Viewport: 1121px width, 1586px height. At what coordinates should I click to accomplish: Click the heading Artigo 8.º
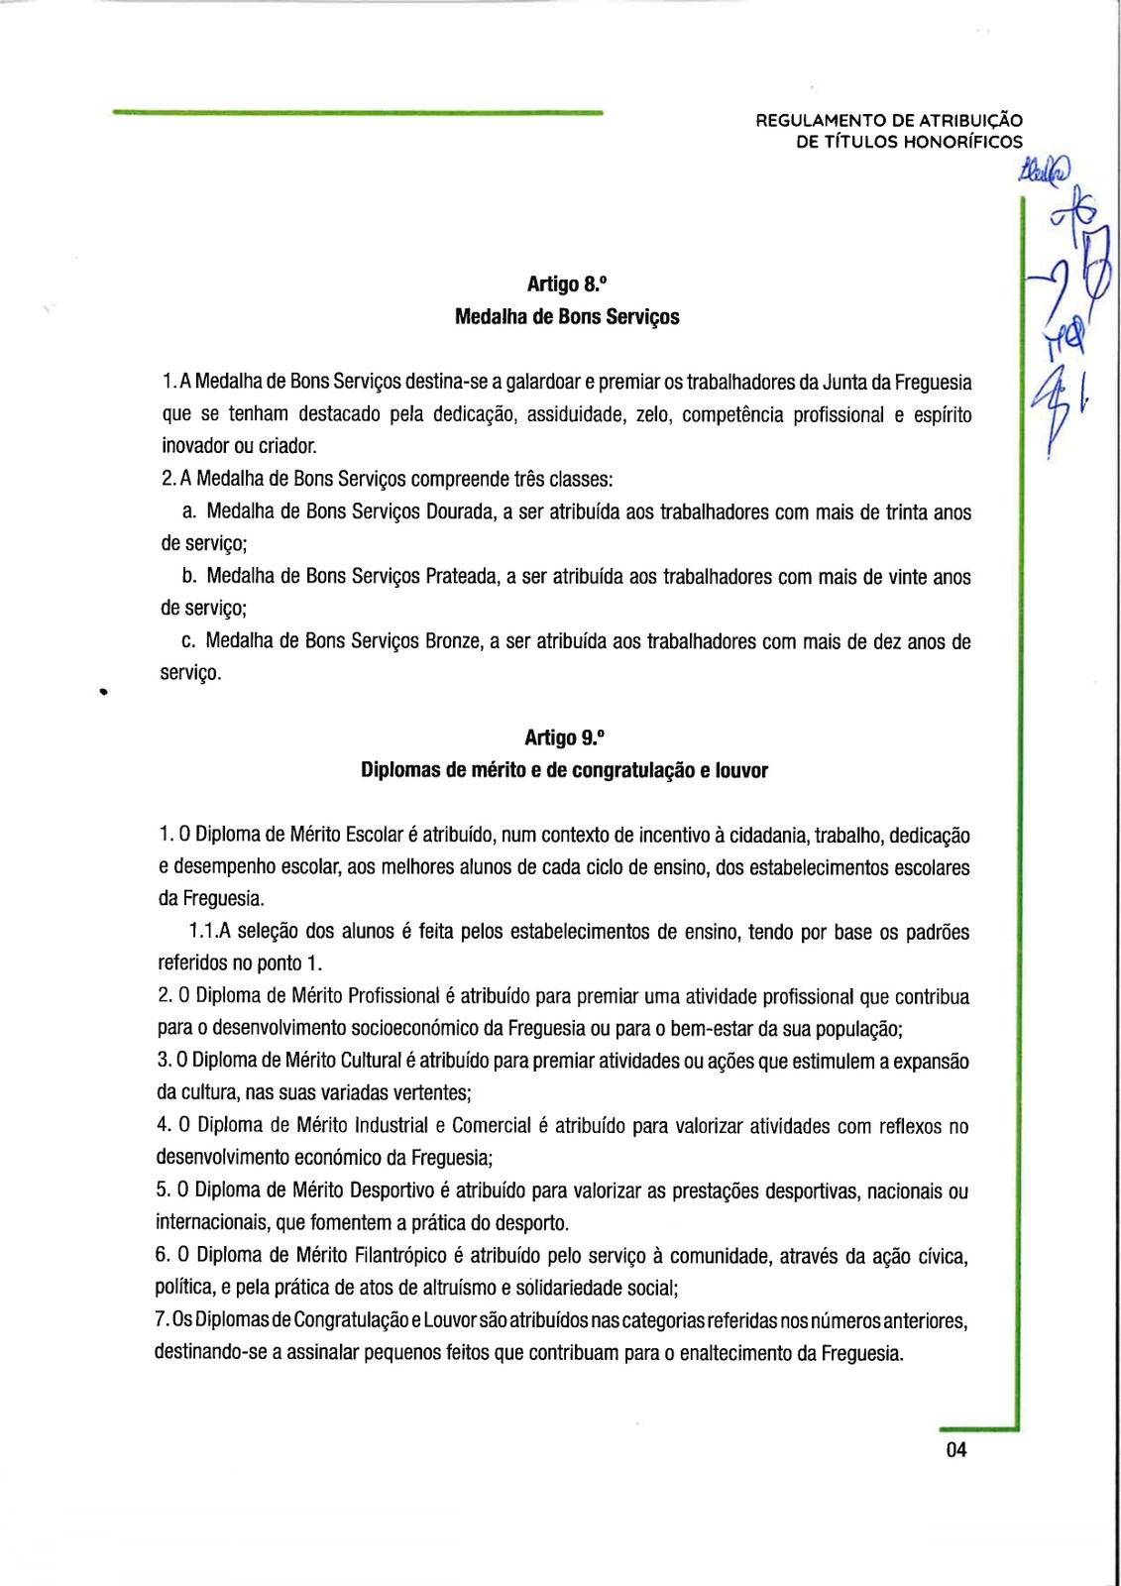click(566, 284)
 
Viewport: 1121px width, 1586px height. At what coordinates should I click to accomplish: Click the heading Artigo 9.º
click(564, 737)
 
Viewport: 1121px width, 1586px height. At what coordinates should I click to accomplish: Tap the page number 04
click(955, 1450)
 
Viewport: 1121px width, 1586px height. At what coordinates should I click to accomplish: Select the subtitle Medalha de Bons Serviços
click(567, 317)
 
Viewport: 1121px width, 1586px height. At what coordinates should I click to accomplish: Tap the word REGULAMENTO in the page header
click(821, 121)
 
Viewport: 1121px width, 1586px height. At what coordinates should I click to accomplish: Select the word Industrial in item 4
click(392, 1126)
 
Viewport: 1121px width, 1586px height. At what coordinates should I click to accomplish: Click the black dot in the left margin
click(102, 693)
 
